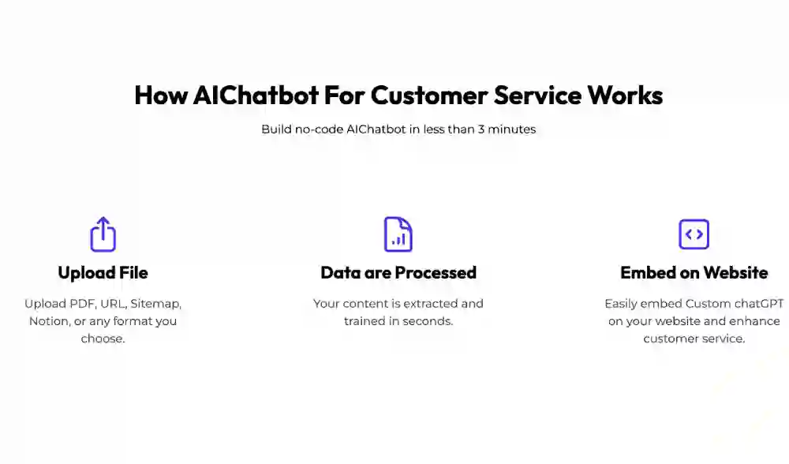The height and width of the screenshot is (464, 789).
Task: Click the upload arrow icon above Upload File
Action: pos(103,234)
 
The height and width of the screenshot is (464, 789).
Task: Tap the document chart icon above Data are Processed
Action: pos(398,234)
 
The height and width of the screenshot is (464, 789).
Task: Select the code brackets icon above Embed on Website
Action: pos(694,234)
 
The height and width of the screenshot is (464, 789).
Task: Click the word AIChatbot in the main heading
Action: pos(256,95)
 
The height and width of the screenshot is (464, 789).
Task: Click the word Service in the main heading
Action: pos(537,95)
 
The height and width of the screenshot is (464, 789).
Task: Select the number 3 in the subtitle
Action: pos(481,129)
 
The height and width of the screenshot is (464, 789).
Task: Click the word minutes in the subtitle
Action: pos(512,129)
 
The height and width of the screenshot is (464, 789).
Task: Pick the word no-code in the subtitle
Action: pos(319,129)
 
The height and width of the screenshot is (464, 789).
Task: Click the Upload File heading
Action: pos(103,273)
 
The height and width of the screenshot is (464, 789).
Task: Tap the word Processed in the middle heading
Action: pos(436,273)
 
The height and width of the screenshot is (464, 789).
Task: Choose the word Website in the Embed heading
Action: pos(735,273)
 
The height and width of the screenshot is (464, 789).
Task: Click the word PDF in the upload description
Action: pos(83,304)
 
